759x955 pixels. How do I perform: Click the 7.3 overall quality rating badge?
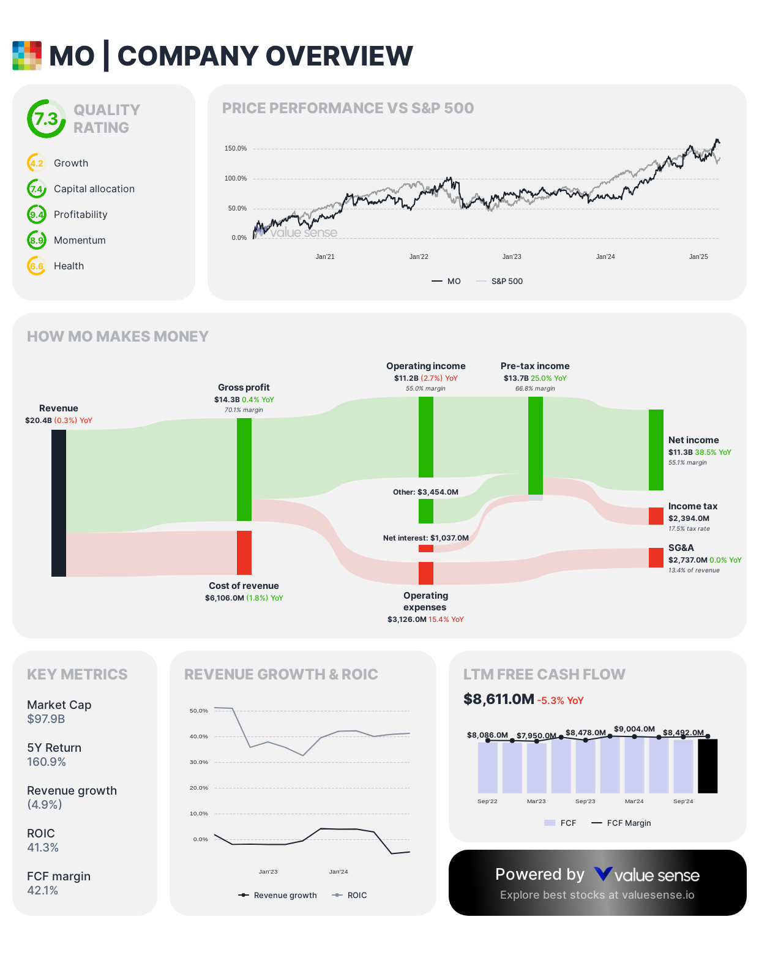point(46,119)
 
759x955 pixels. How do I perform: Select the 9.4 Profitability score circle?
point(37,215)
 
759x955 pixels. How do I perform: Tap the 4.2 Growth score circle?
point(37,163)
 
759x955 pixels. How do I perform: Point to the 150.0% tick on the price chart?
point(236,149)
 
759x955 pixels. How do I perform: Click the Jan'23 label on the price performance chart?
point(512,257)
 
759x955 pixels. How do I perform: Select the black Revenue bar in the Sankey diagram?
point(59,503)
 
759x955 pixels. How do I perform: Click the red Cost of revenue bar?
point(244,553)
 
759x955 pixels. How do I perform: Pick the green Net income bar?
point(656,450)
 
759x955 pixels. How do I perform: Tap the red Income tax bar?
point(656,516)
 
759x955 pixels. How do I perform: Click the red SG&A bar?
point(656,558)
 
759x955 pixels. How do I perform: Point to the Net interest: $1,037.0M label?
point(425,538)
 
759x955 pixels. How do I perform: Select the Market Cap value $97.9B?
point(46,719)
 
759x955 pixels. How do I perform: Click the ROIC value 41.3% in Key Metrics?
point(43,848)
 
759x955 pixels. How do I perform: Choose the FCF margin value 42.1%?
point(43,891)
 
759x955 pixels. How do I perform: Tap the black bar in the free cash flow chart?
point(708,766)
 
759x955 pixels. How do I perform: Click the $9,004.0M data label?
point(634,729)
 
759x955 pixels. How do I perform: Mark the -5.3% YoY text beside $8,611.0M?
point(560,701)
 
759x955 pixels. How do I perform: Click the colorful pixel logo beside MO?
point(27,56)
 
